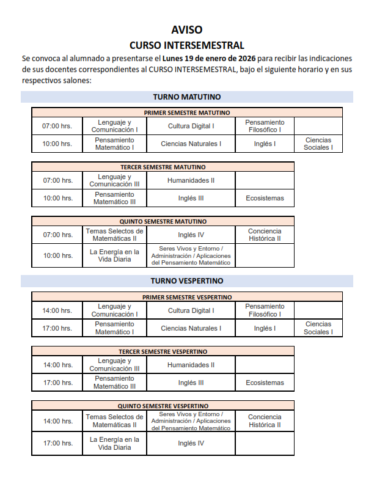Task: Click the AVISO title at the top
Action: [x=187, y=29]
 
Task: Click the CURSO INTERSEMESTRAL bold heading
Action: [x=187, y=45]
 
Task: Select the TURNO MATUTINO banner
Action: [x=187, y=97]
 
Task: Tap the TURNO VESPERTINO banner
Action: [x=187, y=281]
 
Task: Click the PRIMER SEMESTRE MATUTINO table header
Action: [x=187, y=112]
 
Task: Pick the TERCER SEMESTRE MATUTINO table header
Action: [x=163, y=167]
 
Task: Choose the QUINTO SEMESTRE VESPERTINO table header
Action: [x=163, y=406]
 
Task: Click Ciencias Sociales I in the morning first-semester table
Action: [x=318, y=144]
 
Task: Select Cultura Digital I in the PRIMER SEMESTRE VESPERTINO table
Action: [x=191, y=310]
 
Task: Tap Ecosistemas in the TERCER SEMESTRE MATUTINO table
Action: [x=265, y=198]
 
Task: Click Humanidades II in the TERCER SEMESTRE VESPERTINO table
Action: [x=191, y=365]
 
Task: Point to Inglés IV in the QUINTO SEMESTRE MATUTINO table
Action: [x=191, y=235]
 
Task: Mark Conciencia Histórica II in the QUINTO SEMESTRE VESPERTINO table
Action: [x=265, y=421]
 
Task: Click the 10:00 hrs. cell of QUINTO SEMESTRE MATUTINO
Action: [x=57, y=255]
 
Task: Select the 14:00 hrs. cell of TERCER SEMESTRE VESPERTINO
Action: [x=57, y=365]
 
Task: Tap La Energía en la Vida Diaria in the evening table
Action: [x=114, y=443]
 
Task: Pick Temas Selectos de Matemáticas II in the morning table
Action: [x=114, y=235]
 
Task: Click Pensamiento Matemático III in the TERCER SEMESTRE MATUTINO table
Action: [x=114, y=198]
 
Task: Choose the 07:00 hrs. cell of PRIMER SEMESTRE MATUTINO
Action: [x=57, y=126]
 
